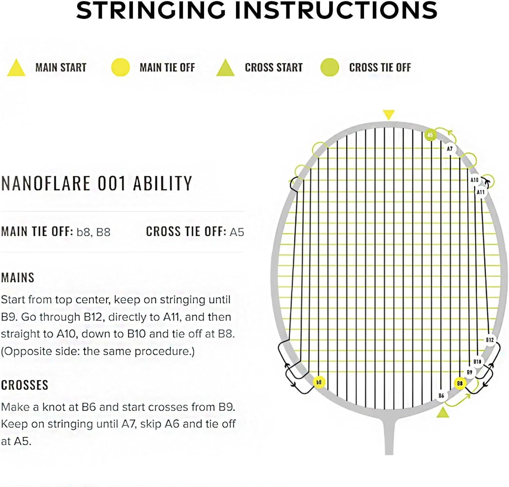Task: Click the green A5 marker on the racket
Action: (430, 135)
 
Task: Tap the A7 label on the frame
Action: (450, 149)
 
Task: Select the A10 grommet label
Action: (474, 180)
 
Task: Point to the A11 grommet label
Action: (481, 192)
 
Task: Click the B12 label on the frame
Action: (490, 340)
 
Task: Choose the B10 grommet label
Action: (477, 362)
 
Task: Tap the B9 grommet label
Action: (470, 372)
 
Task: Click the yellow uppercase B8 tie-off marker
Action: (460, 383)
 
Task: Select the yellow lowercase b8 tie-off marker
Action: (319, 382)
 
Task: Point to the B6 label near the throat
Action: (441, 396)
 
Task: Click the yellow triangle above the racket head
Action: (389, 114)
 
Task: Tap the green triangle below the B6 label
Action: (442, 413)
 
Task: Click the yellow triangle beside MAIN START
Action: (16, 68)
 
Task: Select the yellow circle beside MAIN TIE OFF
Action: (120, 67)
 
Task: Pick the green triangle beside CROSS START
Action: (225, 68)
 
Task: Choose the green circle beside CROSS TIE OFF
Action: (329, 67)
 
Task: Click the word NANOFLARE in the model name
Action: (46, 184)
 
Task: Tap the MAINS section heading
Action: (18, 278)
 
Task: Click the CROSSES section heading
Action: (24, 385)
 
